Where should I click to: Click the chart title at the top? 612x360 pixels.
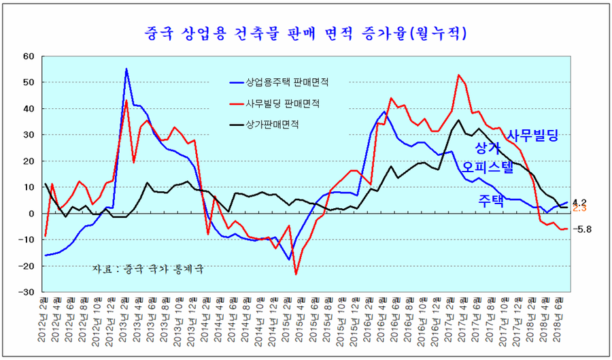click(x=306, y=31)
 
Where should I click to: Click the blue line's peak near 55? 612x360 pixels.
click(x=126, y=69)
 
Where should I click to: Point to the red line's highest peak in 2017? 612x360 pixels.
click(x=459, y=75)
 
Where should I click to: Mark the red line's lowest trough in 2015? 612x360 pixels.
click(x=296, y=274)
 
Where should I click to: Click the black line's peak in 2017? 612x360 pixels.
click(x=459, y=120)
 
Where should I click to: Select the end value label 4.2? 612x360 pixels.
click(x=579, y=202)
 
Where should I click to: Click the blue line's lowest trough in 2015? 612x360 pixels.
click(x=289, y=259)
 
